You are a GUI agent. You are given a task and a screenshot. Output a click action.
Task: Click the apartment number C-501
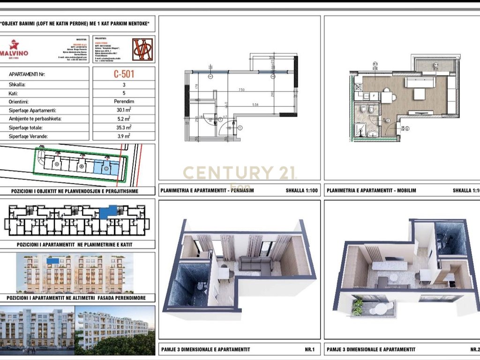127,74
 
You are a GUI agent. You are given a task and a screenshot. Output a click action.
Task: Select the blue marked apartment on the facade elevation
52,260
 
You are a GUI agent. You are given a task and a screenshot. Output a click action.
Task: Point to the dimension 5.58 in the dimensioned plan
268,104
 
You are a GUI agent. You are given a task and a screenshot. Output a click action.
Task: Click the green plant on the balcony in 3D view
357,307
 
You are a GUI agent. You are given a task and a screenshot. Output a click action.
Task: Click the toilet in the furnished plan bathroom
370,110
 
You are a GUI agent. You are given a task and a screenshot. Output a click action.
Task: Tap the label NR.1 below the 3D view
309,349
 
